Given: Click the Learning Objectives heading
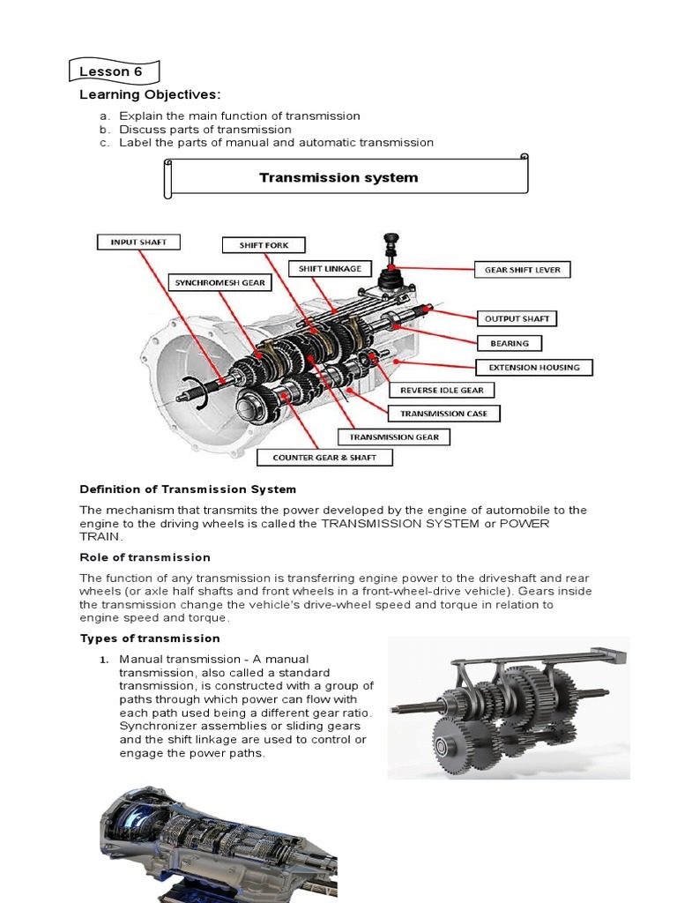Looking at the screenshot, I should [x=150, y=95].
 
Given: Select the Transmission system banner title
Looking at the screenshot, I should [x=338, y=178].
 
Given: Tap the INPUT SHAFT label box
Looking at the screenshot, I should [x=138, y=242].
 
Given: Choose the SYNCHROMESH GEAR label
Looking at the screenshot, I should [x=219, y=283].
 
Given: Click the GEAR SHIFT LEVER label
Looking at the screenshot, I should [x=522, y=270].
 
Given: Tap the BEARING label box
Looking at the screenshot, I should [x=510, y=343].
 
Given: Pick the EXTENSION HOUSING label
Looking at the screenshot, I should [x=534, y=367].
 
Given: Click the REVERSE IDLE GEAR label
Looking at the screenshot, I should [x=442, y=390].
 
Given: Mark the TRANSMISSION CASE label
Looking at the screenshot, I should [x=450, y=413].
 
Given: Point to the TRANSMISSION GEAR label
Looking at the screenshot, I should [x=394, y=437].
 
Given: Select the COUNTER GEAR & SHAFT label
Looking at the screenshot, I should [x=324, y=458].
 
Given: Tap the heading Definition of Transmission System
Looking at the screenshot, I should [x=188, y=489].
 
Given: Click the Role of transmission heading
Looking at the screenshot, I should [x=145, y=557].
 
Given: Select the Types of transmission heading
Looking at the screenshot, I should [x=150, y=638].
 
